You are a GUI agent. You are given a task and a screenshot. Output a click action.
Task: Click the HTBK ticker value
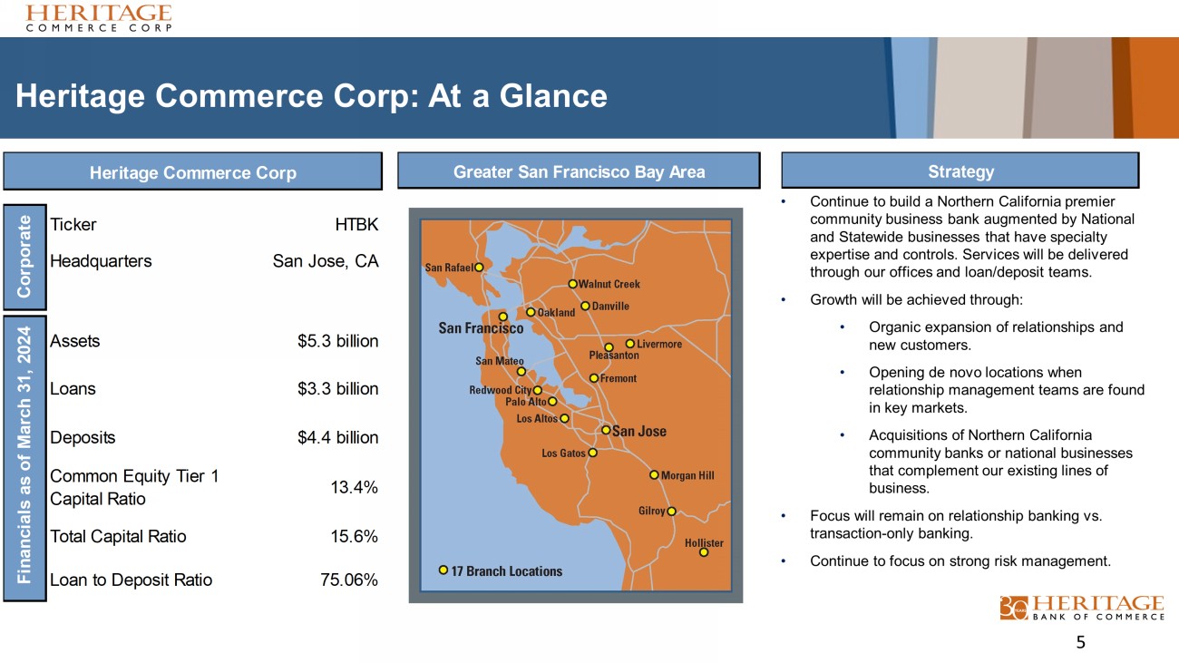[x=356, y=225]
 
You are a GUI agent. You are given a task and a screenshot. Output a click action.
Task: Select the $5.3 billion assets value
[x=338, y=341]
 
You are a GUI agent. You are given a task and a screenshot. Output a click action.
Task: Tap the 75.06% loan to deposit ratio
[x=349, y=580]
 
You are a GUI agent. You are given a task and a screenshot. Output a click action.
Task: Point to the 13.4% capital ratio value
[x=355, y=487]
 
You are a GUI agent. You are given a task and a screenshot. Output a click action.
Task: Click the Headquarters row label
[x=101, y=261]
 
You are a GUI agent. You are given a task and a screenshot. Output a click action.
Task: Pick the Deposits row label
[x=83, y=437]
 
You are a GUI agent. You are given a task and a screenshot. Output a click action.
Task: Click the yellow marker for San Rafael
[x=479, y=268]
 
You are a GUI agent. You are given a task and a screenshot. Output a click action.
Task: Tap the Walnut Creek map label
[x=609, y=284]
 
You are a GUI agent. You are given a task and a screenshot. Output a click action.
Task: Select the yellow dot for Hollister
[x=704, y=552]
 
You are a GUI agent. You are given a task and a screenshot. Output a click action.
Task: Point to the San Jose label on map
[x=639, y=432]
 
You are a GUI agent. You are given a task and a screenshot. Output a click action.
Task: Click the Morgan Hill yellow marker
[x=654, y=474]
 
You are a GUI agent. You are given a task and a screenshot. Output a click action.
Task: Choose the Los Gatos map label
[x=563, y=453]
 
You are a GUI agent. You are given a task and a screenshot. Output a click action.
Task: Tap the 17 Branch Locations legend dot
[x=443, y=570]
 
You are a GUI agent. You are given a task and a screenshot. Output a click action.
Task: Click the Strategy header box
[x=960, y=171]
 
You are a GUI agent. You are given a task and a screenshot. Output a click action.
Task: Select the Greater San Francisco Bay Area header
[x=579, y=171]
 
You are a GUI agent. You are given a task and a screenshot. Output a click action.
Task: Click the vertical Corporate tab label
[x=24, y=257]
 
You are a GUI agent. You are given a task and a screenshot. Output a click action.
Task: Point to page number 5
[x=1080, y=642]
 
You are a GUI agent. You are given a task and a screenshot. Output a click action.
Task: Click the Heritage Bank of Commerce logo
[x=1082, y=608]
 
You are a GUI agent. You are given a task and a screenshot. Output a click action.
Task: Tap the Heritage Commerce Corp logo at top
[x=99, y=18]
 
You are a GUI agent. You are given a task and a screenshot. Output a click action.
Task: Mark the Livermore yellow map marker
[x=630, y=344]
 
